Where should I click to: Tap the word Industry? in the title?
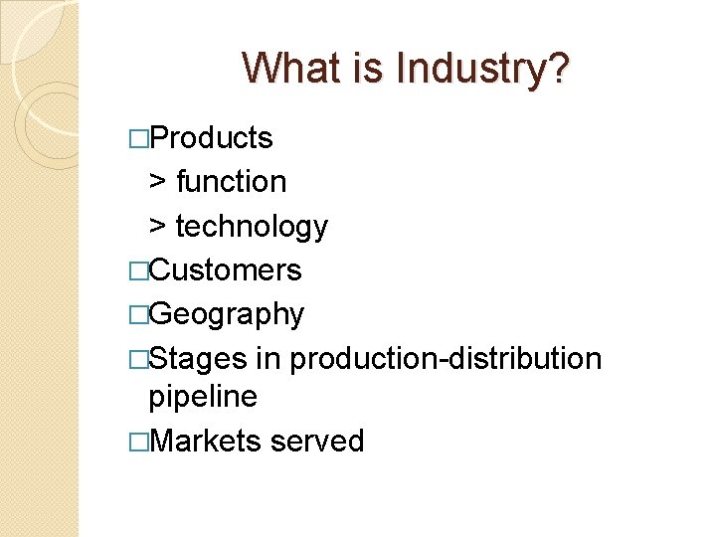[483, 69]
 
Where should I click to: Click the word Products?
[211, 138]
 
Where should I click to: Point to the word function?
[231, 182]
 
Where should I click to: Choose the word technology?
[252, 227]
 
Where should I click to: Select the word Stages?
[202, 358]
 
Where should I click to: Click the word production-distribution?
[446, 358]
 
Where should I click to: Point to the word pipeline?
[203, 397]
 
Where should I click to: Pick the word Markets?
[206, 441]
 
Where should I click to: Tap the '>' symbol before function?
[158, 182]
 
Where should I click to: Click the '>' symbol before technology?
[158, 227]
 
